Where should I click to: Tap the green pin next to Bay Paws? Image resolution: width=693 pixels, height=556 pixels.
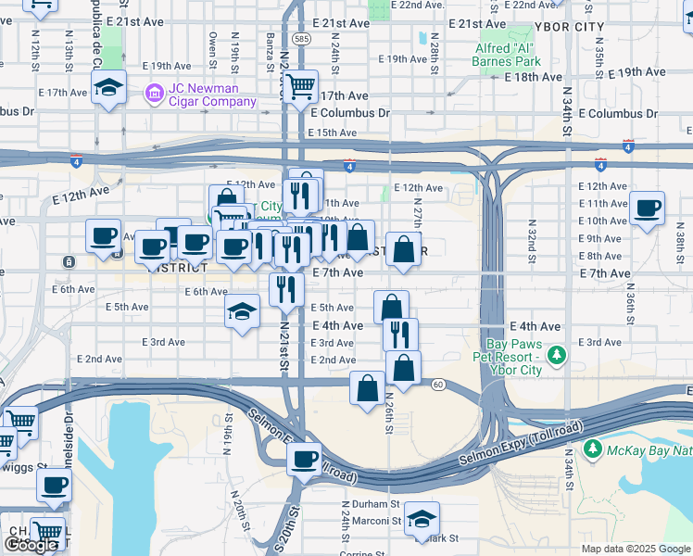pyautogui.click(x=556, y=355)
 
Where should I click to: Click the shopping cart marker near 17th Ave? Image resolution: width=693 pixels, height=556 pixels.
pyautogui.click(x=300, y=88)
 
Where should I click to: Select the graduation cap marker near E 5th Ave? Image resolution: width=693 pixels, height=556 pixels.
pyautogui.click(x=242, y=310)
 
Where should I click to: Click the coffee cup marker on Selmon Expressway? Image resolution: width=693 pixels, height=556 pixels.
pyautogui.click(x=303, y=458)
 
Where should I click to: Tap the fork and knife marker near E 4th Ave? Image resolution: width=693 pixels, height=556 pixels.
pyautogui.click(x=400, y=334)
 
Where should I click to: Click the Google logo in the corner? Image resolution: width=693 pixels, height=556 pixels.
pyautogui.click(x=31, y=544)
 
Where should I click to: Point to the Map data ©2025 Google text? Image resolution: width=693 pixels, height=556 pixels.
pyautogui.click(x=635, y=549)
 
